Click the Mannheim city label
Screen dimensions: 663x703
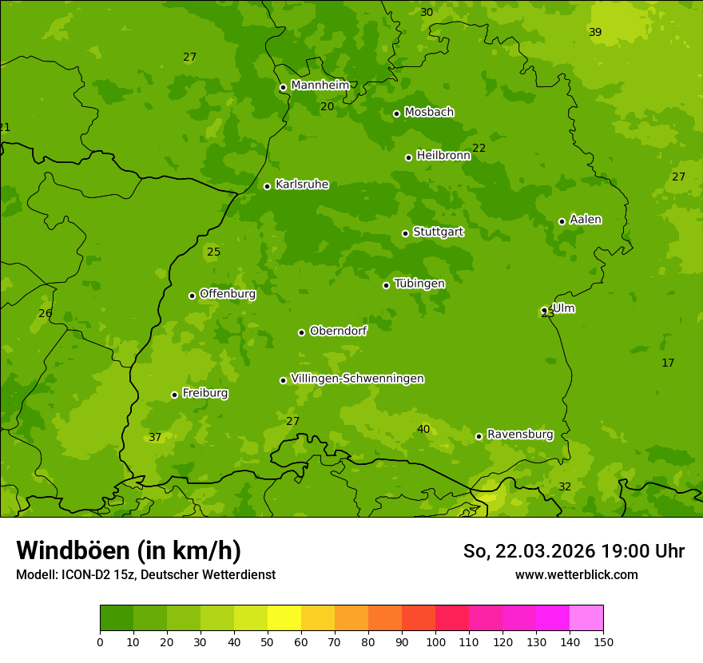pyautogui.click(x=320, y=85)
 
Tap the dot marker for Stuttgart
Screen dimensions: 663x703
pyautogui.click(x=405, y=233)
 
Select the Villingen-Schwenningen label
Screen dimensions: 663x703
pyautogui.click(x=357, y=379)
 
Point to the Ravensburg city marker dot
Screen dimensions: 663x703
pyautogui.click(x=479, y=436)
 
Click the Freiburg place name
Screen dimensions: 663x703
pyautogui.click(x=205, y=393)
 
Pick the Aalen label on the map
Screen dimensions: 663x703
pyautogui.click(x=586, y=220)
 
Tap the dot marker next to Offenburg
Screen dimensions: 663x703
pyautogui.click(x=192, y=296)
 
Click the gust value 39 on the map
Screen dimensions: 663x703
pyautogui.click(x=595, y=32)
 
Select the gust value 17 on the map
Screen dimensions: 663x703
pyautogui.click(x=668, y=363)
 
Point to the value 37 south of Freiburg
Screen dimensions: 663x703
pyautogui.click(x=155, y=437)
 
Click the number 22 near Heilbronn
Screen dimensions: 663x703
pyautogui.click(x=479, y=148)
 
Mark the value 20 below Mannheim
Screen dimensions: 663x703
pyautogui.click(x=328, y=106)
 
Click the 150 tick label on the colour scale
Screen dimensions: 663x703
pyautogui.click(x=603, y=641)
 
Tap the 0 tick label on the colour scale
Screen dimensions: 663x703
pyautogui.click(x=100, y=641)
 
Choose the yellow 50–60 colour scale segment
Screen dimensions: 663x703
pyautogui.click(x=284, y=618)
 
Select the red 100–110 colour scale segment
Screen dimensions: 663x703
pyautogui.click(x=452, y=618)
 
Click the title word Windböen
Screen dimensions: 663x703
pyautogui.click(x=73, y=550)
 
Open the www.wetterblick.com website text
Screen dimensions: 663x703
pyautogui.click(x=576, y=574)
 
